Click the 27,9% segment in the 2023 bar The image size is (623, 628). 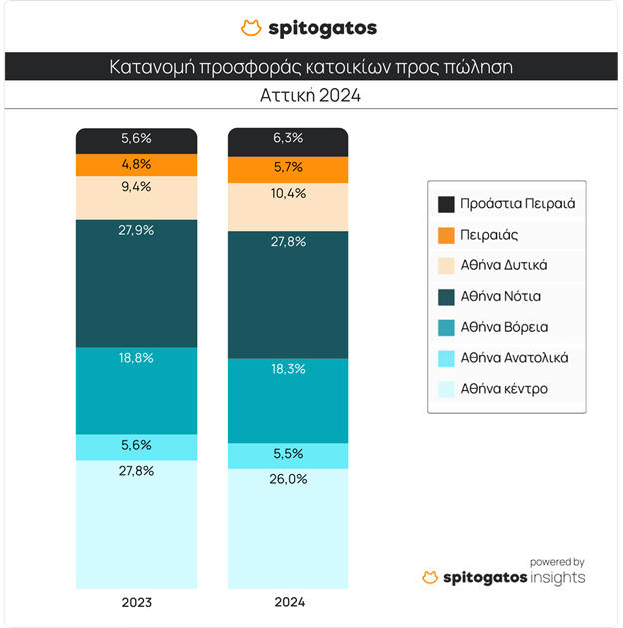point(137,284)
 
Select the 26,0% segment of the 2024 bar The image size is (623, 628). point(289,529)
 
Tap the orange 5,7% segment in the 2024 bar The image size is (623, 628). point(289,169)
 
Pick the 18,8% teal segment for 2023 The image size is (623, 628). point(137,391)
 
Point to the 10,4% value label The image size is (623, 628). point(289,193)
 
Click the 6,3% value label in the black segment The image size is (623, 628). point(289,138)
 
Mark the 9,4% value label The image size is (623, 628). point(137,186)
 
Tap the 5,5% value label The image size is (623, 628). point(289,453)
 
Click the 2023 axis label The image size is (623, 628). point(137,603)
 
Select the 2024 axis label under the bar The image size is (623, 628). point(289,603)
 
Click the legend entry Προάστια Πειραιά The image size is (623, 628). point(518,204)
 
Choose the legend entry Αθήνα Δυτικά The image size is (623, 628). point(504,265)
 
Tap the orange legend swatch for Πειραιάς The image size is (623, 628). point(447,235)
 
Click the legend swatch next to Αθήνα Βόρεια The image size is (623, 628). point(447,326)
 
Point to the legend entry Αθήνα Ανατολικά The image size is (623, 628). point(514,357)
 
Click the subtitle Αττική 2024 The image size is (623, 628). point(311,96)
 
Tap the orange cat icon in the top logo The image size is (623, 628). point(252,28)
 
